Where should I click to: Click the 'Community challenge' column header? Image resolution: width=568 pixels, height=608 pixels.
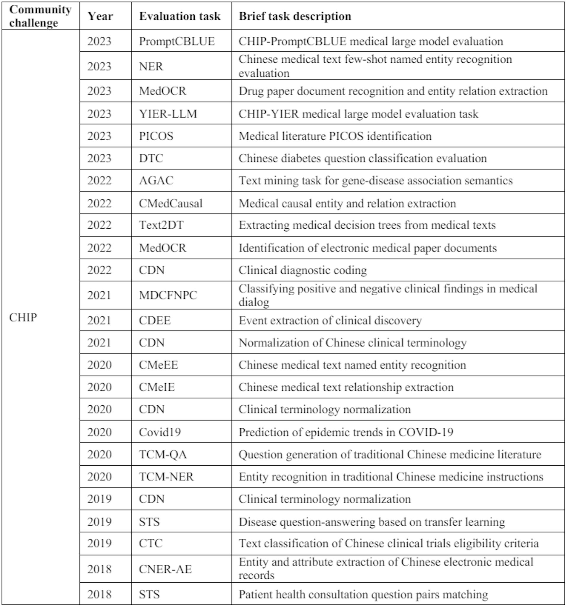[x=40, y=16]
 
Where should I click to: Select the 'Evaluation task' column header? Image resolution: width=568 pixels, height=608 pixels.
[x=180, y=16]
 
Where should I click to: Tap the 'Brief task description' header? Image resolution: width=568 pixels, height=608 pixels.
[x=295, y=16]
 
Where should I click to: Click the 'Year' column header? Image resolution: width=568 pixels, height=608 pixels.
[x=100, y=16]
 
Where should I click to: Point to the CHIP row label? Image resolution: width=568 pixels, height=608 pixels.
[x=23, y=318]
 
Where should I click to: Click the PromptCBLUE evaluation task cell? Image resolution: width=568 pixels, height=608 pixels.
[x=177, y=41]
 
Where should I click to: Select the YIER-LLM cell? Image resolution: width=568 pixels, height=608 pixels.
[x=168, y=114]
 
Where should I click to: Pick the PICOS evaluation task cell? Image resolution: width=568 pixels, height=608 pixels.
[x=156, y=136]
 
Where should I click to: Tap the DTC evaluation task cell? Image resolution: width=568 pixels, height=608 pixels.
[x=151, y=158]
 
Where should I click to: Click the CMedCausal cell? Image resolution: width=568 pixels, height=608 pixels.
[x=171, y=203]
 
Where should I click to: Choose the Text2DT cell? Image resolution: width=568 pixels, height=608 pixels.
[x=161, y=225]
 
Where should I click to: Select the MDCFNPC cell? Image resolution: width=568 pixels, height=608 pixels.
[x=168, y=295]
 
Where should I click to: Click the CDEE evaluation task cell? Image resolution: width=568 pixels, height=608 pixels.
[x=155, y=321]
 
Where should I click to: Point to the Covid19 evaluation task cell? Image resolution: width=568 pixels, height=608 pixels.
[x=159, y=432]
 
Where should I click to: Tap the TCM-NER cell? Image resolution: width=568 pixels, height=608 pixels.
[x=166, y=477]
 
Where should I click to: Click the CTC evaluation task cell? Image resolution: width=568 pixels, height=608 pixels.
[x=151, y=544]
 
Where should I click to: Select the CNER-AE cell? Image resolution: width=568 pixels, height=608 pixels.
[x=165, y=569]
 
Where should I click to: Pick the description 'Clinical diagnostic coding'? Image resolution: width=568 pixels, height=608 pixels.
[x=303, y=270]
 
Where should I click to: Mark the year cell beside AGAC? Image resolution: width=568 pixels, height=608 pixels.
[x=99, y=181]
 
